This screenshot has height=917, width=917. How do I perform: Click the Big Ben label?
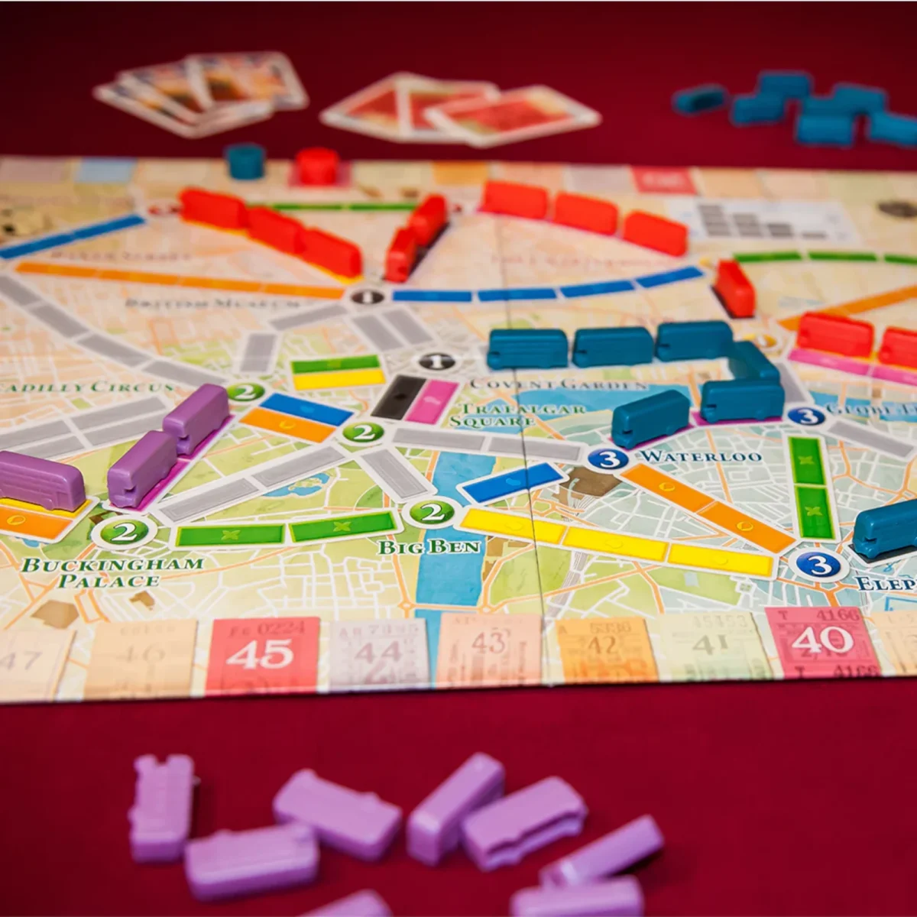pyautogui.click(x=429, y=546)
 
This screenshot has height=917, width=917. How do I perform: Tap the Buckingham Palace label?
pyautogui.click(x=112, y=572)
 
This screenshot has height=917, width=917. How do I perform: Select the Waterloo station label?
pyautogui.click(x=701, y=456)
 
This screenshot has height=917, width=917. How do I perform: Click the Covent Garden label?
pyautogui.click(x=558, y=384)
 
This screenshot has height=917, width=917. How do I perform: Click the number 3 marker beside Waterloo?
pyautogui.click(x=608, y=458)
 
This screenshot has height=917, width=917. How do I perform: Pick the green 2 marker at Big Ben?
pyautogui.click(x=432, y=511)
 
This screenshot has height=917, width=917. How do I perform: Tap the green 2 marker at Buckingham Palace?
pyautogui.click(x=124, y=531)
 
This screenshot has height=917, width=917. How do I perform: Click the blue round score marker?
pyautogui.click(x=245, y=161)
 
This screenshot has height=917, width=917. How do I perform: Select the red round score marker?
pyautogui.click(x=316, y=165)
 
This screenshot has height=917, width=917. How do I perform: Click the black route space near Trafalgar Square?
pyautogui.click(x=398, y=397)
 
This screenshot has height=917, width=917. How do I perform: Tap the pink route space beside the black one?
pyautogui.click(x=431, y=401)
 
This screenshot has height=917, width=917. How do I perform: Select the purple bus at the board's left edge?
pyautogui.click(x=40, y=480)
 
